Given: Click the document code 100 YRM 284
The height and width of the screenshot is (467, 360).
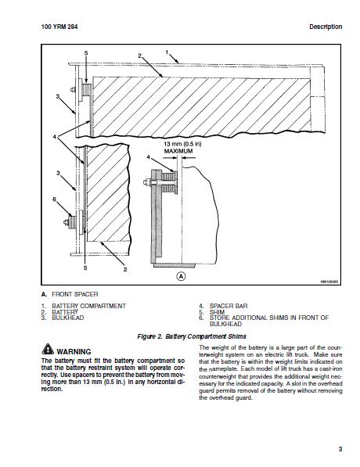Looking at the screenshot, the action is point(59,27).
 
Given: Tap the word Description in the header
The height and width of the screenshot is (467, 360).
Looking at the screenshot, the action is point(326,27).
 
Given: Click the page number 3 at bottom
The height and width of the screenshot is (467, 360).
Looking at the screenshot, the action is point(340,449).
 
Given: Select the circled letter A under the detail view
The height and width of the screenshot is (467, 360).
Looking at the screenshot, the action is point(182,276).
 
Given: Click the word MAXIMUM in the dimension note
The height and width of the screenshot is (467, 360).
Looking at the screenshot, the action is point(178,151).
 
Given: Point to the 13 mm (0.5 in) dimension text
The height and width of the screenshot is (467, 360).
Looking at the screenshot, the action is point(182,144).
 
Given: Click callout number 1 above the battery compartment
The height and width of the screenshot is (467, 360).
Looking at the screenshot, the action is point(167,52).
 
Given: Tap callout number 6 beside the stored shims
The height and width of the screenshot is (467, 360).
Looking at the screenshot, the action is point(54,199).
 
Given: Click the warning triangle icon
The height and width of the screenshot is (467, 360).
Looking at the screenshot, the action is point(48,350).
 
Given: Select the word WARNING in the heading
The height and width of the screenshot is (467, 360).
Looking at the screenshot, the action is point(74,351).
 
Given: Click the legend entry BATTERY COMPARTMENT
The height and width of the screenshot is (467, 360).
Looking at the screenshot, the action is point(88,306).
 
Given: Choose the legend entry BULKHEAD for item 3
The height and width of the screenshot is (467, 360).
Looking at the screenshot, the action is point(67,318).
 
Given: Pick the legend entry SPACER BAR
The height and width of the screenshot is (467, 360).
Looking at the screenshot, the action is point(229,306).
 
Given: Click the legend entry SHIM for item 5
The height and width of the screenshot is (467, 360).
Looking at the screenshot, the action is point(217,312).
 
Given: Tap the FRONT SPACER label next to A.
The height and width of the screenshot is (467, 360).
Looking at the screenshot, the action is point(75,294).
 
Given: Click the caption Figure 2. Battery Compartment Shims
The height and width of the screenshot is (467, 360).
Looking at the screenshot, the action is point(192,336).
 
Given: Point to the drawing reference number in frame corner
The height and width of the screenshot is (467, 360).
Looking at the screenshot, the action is point(329,282).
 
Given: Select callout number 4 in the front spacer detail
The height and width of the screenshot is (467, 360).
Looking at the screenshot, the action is point(148,157).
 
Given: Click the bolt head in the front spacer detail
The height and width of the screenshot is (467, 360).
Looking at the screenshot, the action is point(146,182).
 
